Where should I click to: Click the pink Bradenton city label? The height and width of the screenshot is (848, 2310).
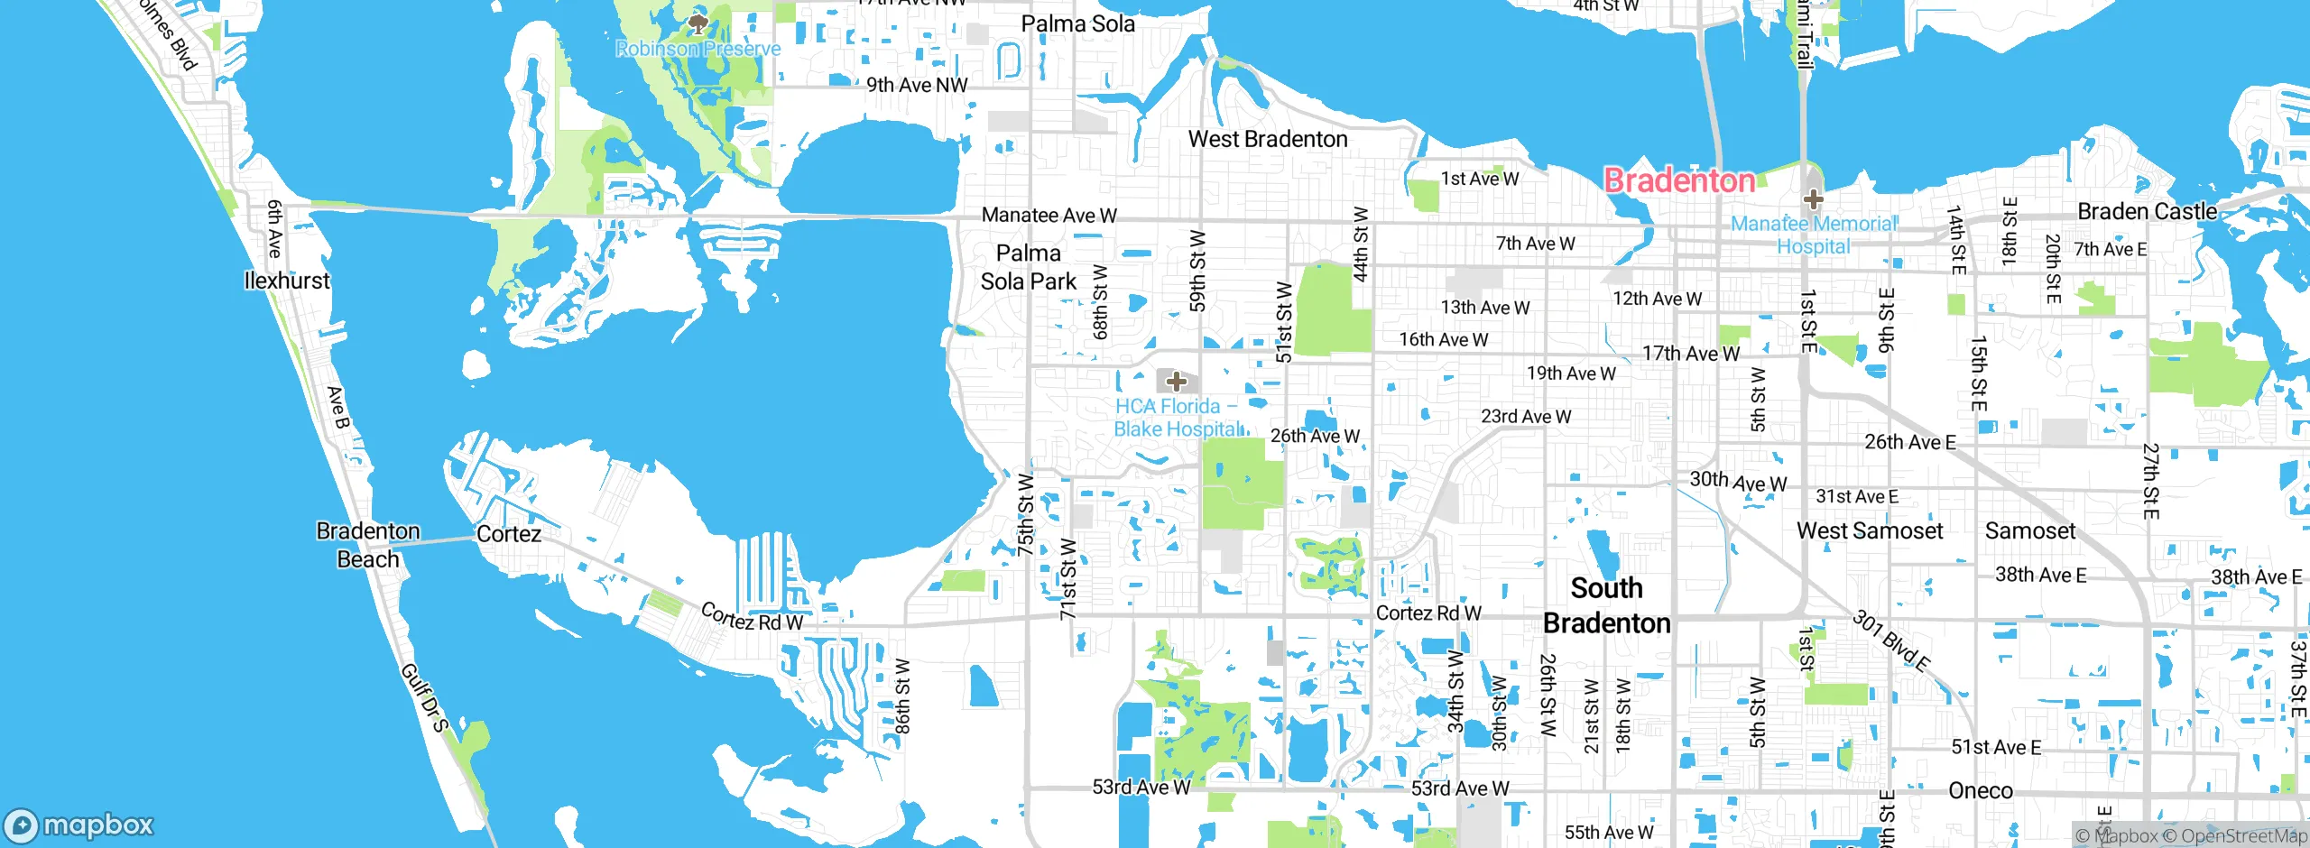coord(1679,180)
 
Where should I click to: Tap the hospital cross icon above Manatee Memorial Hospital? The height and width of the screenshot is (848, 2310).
coord(1813,199)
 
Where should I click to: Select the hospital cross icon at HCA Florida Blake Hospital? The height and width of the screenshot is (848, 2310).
coord(1176,382)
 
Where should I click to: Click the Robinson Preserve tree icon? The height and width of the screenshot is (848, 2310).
coord(697,24)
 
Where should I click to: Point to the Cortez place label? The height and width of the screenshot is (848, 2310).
coord(509,534)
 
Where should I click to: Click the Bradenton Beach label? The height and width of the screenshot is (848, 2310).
coord(368,545)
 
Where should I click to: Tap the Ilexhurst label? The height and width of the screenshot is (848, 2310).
coord(287,281)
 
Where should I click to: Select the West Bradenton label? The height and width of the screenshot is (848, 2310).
coord(1267,139)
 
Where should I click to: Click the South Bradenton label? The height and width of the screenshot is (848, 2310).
coord(1606,605)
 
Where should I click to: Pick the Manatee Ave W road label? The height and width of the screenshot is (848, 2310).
coord(1049,216)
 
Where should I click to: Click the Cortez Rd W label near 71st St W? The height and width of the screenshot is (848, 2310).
coord(752,617)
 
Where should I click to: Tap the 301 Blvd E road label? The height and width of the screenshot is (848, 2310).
coord(1891,641)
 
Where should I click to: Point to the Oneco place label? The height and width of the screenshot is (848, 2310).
coord(1980,791)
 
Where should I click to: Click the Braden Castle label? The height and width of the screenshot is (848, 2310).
coord(2147,212)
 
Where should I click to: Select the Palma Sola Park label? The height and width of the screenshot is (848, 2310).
coord(1029,267)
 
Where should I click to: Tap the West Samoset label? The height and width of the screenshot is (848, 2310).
coord(1869,531)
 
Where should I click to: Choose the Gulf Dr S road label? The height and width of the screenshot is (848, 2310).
coord(423,697)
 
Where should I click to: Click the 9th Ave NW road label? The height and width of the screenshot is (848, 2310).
coord(916,86)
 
